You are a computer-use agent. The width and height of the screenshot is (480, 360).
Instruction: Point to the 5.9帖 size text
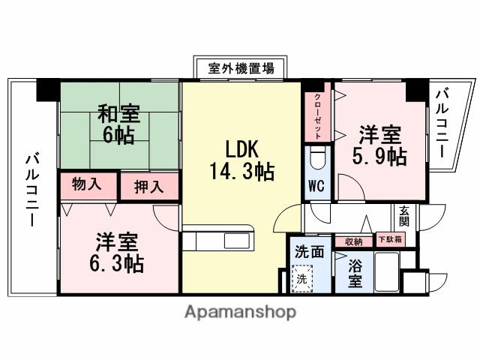(380, 156)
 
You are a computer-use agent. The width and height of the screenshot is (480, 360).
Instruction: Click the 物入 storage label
(88, 184)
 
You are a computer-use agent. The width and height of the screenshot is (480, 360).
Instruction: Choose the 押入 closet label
(149, 185)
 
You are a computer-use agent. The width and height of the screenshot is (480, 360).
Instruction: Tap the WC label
(316, 187)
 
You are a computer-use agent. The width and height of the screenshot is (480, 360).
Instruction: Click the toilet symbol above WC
(316, 158)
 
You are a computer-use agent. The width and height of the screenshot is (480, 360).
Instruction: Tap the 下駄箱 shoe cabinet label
(389, 241)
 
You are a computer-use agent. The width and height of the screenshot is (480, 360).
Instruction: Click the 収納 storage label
(354, 241)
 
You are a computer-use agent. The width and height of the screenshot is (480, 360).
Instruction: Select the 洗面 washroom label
(309, 252)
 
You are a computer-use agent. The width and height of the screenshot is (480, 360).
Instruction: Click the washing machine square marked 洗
(301, 277)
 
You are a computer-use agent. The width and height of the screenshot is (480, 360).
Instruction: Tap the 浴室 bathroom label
(354, 274)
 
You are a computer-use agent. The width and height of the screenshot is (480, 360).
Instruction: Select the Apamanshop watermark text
(240, 311)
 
